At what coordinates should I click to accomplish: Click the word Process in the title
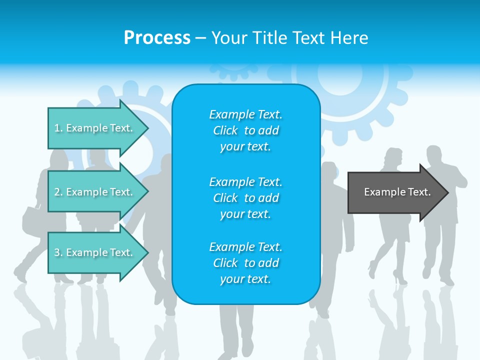[x=157, y=38]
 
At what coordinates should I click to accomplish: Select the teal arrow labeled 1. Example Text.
[x=93, y=128]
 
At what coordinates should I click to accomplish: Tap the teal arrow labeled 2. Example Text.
[x=93, y=192]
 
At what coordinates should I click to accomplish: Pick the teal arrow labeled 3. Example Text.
[x=93, y=252]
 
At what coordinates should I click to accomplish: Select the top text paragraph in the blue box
[x=245, y=130]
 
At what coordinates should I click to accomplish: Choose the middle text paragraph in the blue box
[x=245, y=197]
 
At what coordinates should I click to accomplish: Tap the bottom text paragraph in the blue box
[x=245, y=263]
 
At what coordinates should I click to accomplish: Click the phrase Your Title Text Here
[x=289, y=38]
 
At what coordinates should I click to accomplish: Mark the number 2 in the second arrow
[x=57, y=192]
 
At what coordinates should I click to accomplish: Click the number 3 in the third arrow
[x=57, y=252]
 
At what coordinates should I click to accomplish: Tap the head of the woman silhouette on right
[x=393, y=158]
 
